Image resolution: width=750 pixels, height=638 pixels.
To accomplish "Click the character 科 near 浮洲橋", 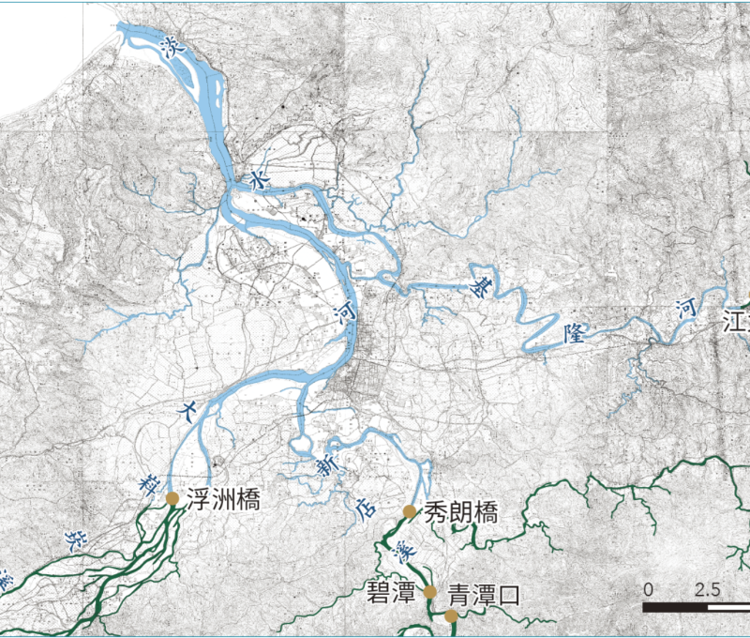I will pos(146,484).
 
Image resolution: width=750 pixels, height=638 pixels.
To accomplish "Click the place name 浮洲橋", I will pos(222,499).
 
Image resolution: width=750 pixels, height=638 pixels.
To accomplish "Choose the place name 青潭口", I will pos(483,595).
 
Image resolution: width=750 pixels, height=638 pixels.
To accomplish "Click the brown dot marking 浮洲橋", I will pos(172,499).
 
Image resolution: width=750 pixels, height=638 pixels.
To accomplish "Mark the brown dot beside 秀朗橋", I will pos(410,511).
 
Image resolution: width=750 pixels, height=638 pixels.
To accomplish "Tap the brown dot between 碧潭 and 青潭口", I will pos(429,593).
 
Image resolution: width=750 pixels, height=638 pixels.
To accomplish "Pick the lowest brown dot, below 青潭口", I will pos(451,616).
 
